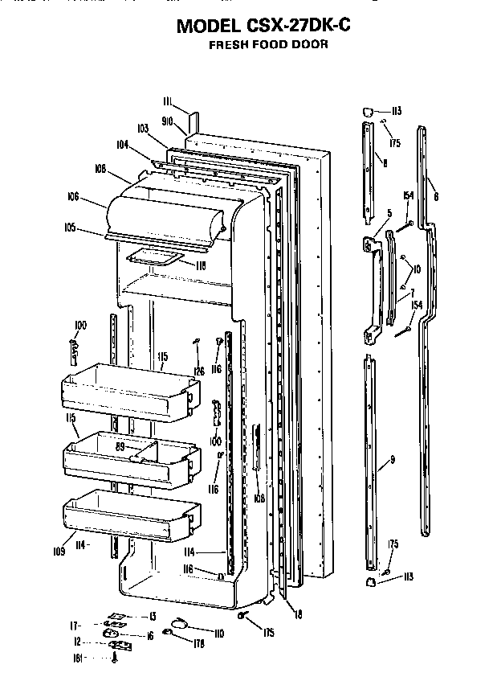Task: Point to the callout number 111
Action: pyautogui.click(x=167, y=101)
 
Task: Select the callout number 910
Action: pyautogui.click(x=168, y=121)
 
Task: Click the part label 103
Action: pyautogui.click(x=144, y=129)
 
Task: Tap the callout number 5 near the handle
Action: pyautogui.click(x=389, y=213)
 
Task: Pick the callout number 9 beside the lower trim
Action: pyautogui.click(x=393, y=459)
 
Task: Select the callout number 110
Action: pyautogui.click(x=218, y=633)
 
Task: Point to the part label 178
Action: pyautogui.click(x=198, y=643)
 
